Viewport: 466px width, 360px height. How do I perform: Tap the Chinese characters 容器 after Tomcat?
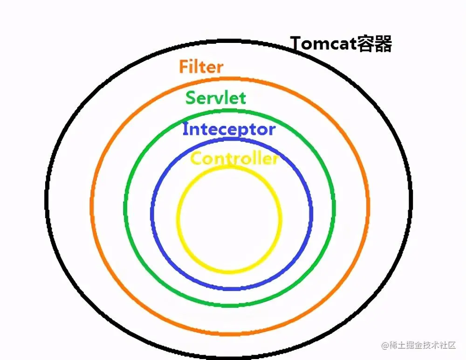click(x=374, y=44)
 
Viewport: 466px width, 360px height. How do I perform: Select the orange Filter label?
click(x=201, y=67)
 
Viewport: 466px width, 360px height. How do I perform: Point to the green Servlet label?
click(x=216, y=98)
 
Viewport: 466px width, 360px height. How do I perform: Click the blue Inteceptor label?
click(x=229, y=129)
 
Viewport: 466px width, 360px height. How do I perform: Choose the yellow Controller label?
click(x=234, y=159)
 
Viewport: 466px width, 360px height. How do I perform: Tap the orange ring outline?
click(x=92, y=210)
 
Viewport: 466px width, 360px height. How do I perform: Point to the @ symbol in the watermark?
click(x=385, y=346)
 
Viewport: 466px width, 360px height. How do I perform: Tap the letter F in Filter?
click(x=184, y=67)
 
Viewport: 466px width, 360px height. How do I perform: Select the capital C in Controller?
click(x=196, y=159)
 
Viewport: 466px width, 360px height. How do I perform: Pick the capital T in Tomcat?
click(x=296, y=44)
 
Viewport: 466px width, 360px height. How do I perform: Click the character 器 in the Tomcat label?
click(x=383, y=44)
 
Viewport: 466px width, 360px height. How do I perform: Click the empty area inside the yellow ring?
click(x=229, y=219)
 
